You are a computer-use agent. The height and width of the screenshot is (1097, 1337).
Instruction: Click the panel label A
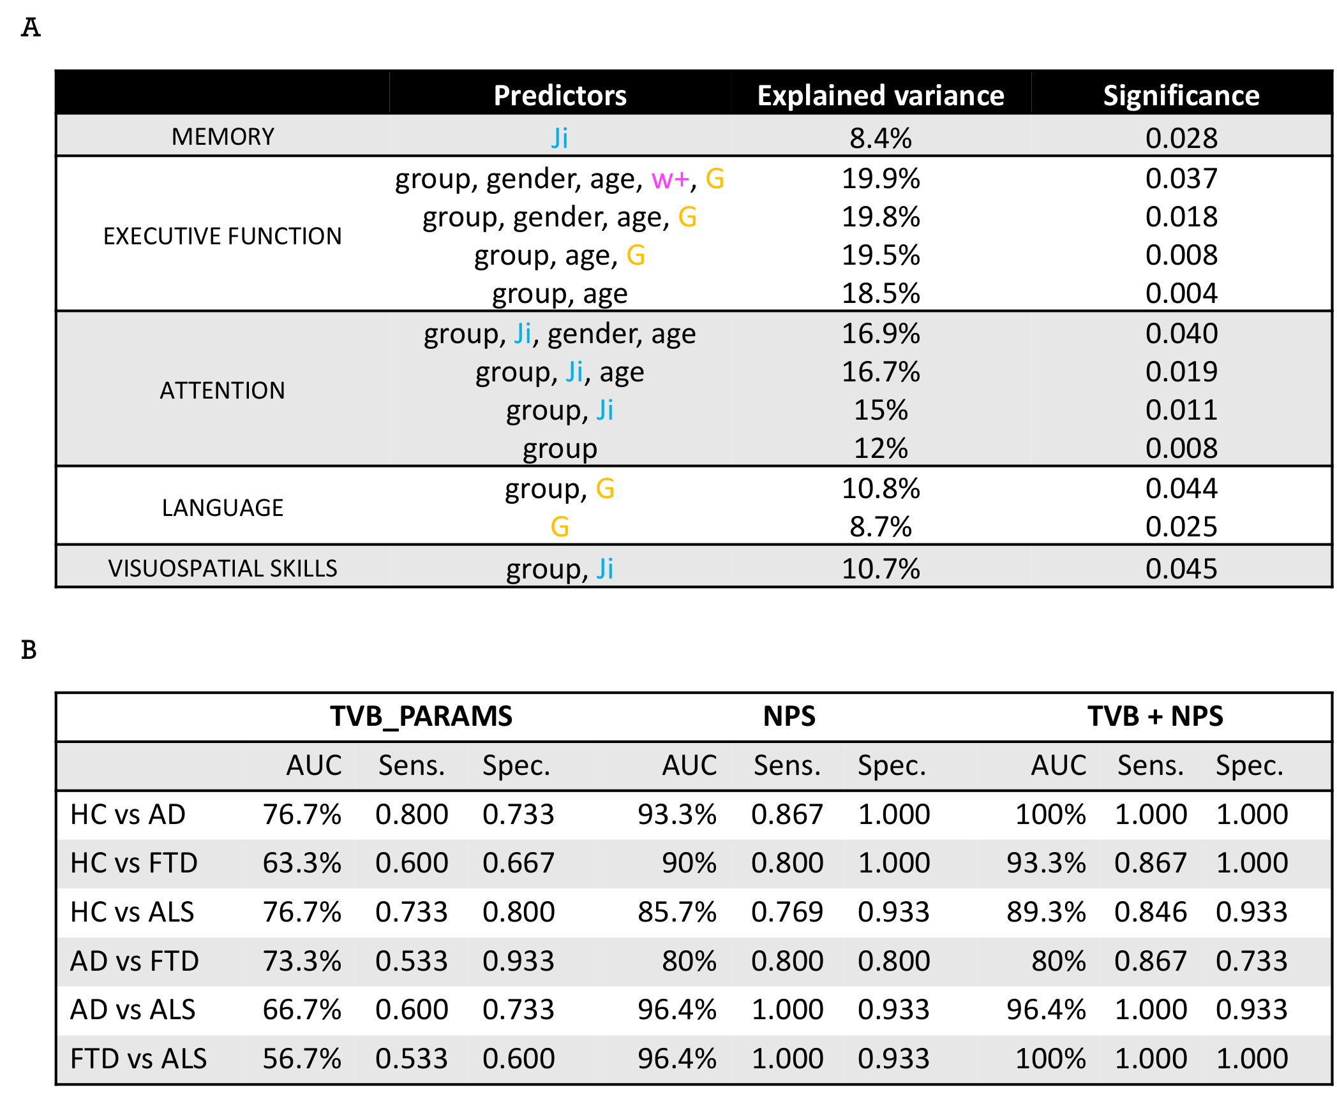[x=30, y=27]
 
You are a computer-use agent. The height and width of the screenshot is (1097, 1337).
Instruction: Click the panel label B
[x=29, y=650]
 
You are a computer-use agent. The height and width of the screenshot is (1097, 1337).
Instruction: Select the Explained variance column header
[x=880, y=95]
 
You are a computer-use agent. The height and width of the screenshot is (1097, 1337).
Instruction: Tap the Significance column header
[x=1181, y=95]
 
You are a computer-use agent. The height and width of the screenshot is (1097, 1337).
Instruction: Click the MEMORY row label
[x=223, y=137]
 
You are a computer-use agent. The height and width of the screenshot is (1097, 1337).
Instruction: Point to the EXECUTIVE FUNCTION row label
[x=223, y=236]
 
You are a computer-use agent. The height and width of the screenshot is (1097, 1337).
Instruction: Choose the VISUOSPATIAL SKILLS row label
[x=223, y=568]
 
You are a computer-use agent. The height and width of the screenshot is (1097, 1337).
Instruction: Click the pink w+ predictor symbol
[x=670, y=179]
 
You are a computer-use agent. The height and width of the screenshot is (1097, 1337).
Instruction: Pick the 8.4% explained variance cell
[x=880, y=138]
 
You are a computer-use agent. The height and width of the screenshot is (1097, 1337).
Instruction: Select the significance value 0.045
[x=1181, y=569]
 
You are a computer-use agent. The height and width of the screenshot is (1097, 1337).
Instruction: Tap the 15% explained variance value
[x=880, y=410]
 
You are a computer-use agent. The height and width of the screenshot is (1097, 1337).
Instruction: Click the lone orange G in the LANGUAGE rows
[x=560, y=527]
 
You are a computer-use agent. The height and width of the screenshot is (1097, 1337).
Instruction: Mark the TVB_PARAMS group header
[x=421, y=716]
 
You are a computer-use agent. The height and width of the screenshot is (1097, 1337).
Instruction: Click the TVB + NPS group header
[x=1155, y=716]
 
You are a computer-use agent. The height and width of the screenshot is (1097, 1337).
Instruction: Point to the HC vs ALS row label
[x=132, y=912]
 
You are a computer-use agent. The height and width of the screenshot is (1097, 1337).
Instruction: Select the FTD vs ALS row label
[x=138, y=1059]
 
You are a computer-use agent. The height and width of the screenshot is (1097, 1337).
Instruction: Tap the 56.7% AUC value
[x=302, y=1059]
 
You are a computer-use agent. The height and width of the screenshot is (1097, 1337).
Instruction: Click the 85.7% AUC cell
[x=676, y=912]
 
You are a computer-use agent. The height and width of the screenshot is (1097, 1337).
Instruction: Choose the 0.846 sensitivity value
[x=1150, y=912]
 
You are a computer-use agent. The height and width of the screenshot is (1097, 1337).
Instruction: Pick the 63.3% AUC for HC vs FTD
[x=302, y=863]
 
